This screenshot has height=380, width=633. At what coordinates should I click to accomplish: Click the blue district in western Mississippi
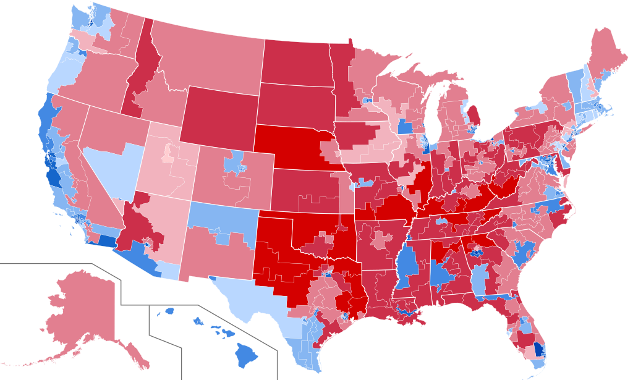coord(406,266)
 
